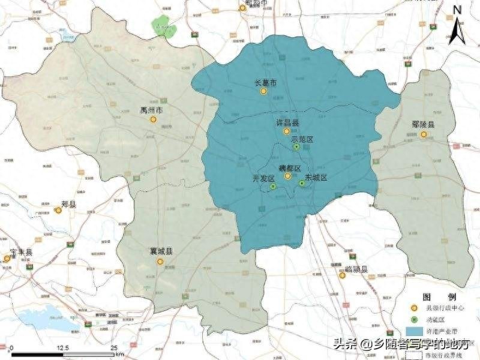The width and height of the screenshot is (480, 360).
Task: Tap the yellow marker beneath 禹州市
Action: pos(153,119)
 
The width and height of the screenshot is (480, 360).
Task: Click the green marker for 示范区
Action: pos(296,146)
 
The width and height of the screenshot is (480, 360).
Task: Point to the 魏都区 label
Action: pos(289,169)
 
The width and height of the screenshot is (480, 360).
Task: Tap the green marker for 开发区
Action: pos(273,187)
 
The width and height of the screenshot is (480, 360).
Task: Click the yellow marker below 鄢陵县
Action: pos(424,135)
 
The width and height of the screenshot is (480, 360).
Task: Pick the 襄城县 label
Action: pos(161,252)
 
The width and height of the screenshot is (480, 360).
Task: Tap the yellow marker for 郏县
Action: pos(58,211)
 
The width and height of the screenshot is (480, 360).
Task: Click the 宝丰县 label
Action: pos(21,252)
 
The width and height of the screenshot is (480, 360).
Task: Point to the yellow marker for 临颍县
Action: pos(342,276)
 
